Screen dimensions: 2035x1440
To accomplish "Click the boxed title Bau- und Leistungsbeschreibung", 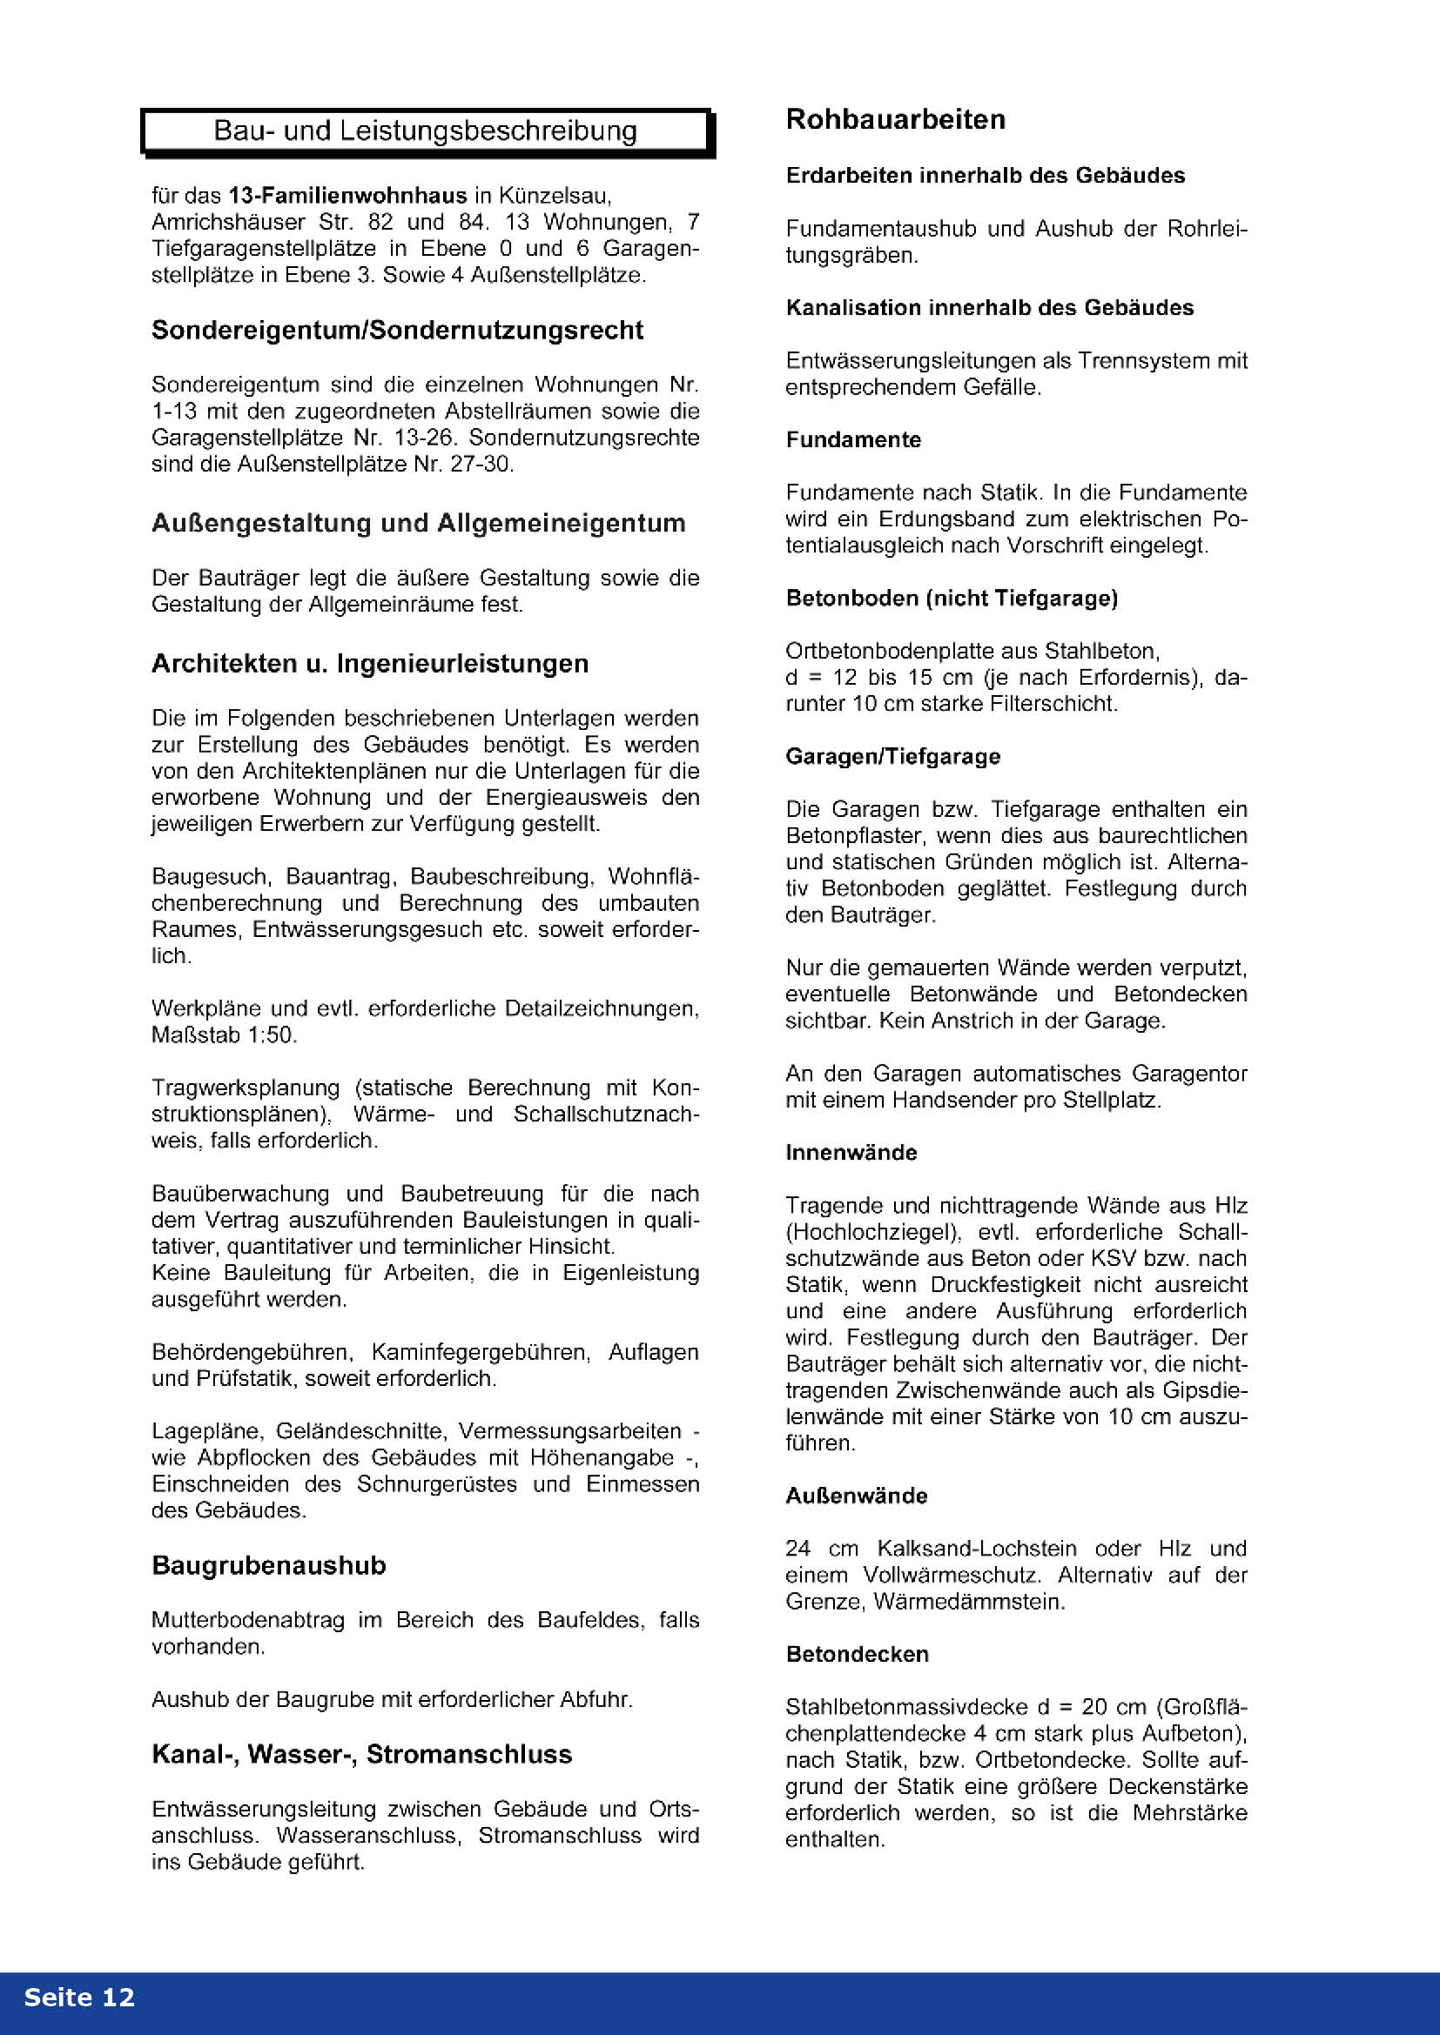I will tap(426, 132).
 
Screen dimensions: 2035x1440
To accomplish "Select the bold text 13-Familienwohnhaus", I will tap(347, 196).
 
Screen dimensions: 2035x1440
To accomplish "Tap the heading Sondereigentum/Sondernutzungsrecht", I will tap(397, 331).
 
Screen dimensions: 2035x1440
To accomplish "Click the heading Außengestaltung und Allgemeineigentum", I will tap(419, 524).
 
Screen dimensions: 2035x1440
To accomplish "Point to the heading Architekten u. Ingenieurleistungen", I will tap(370, 664).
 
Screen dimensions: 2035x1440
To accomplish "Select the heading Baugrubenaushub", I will tap(269, 1565).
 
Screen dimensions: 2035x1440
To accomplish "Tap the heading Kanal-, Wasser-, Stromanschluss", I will tap(362, 1754).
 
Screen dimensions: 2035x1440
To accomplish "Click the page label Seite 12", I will tap(79, 1997).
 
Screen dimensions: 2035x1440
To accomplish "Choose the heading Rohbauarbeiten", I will tap(896, 120).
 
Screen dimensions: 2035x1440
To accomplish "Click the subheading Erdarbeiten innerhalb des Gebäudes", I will tap(986, 176).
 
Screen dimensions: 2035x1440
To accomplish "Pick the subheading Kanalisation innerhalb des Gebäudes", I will tap(990, 307).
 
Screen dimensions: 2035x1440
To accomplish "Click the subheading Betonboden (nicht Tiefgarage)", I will tap(952, 599).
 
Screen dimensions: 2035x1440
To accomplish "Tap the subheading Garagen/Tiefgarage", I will tap(893, 757).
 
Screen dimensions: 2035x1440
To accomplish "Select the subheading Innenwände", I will tap(851, 1152).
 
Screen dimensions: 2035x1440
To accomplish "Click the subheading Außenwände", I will tap(857, 1496).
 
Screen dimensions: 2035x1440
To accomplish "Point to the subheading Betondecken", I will tap(857, 1654).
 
